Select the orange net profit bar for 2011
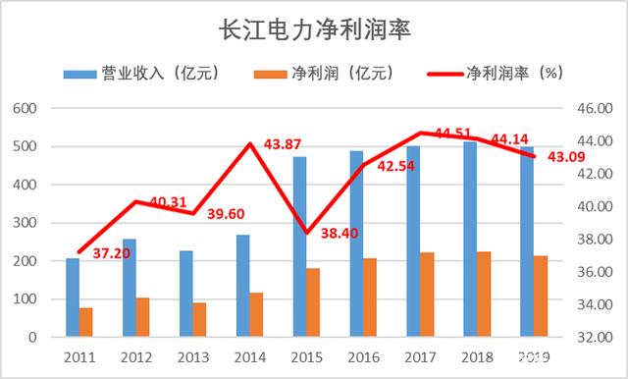tap(85, 322)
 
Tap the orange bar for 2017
tap(426, 294)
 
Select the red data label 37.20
tap(109, 253)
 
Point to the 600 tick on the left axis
tap(26, 108)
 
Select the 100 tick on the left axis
tap(26, 298)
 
